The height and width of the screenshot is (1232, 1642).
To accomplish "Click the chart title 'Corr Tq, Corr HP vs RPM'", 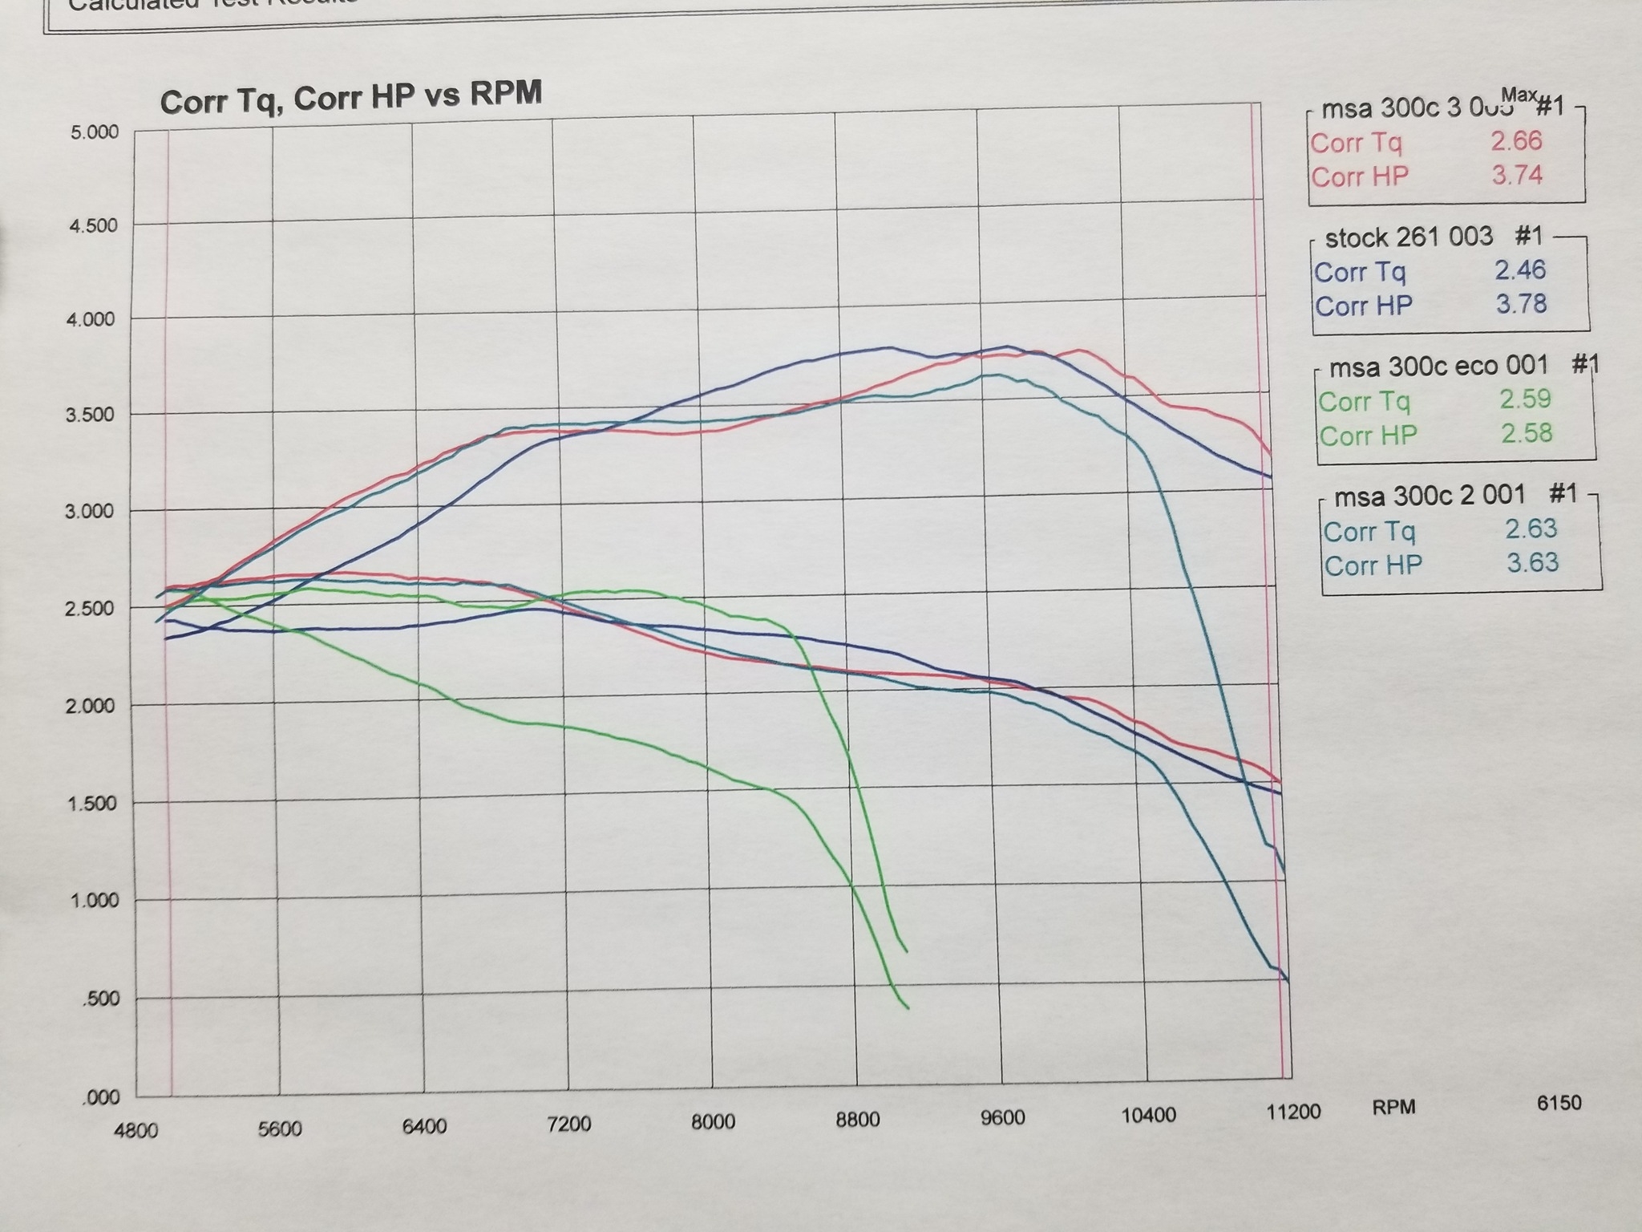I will (x=350, y=98).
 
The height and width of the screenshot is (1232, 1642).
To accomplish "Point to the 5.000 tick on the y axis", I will (x=95, y=132).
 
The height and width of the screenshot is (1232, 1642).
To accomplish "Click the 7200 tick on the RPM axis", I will (x=568, y=1124).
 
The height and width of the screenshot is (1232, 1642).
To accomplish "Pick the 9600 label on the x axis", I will (x=1002, y=1117).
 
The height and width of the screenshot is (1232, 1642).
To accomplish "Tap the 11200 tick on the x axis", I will (x=1292, y=1112).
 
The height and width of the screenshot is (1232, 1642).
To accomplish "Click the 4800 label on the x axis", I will (x=135, y=1131).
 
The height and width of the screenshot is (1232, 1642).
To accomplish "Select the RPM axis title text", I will (x=1393, y=1108).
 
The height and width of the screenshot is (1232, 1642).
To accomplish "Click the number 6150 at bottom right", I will (x=1559, y=1103).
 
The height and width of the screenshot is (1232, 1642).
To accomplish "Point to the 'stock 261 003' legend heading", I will (x=1409, y=237).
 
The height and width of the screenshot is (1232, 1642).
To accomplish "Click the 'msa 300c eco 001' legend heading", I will (x=1438, y=367).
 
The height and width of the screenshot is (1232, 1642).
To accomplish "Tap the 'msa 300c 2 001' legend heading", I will (x=1430, y=496).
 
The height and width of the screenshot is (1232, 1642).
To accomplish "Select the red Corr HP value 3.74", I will (x=1517, y=175).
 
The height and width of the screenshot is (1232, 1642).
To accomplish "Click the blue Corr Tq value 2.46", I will (x=1520, y=270).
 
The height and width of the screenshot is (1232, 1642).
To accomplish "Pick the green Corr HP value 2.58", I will (x=1527, y=434).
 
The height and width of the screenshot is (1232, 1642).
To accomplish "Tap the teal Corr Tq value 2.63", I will (x=1531, y=529).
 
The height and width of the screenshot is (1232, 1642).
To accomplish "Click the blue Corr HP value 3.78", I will (x=1521, y=304).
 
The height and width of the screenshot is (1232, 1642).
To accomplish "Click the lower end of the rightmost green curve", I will (x=906, y=951).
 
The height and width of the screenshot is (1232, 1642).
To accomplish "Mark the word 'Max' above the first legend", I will (x=1519, y=95).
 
